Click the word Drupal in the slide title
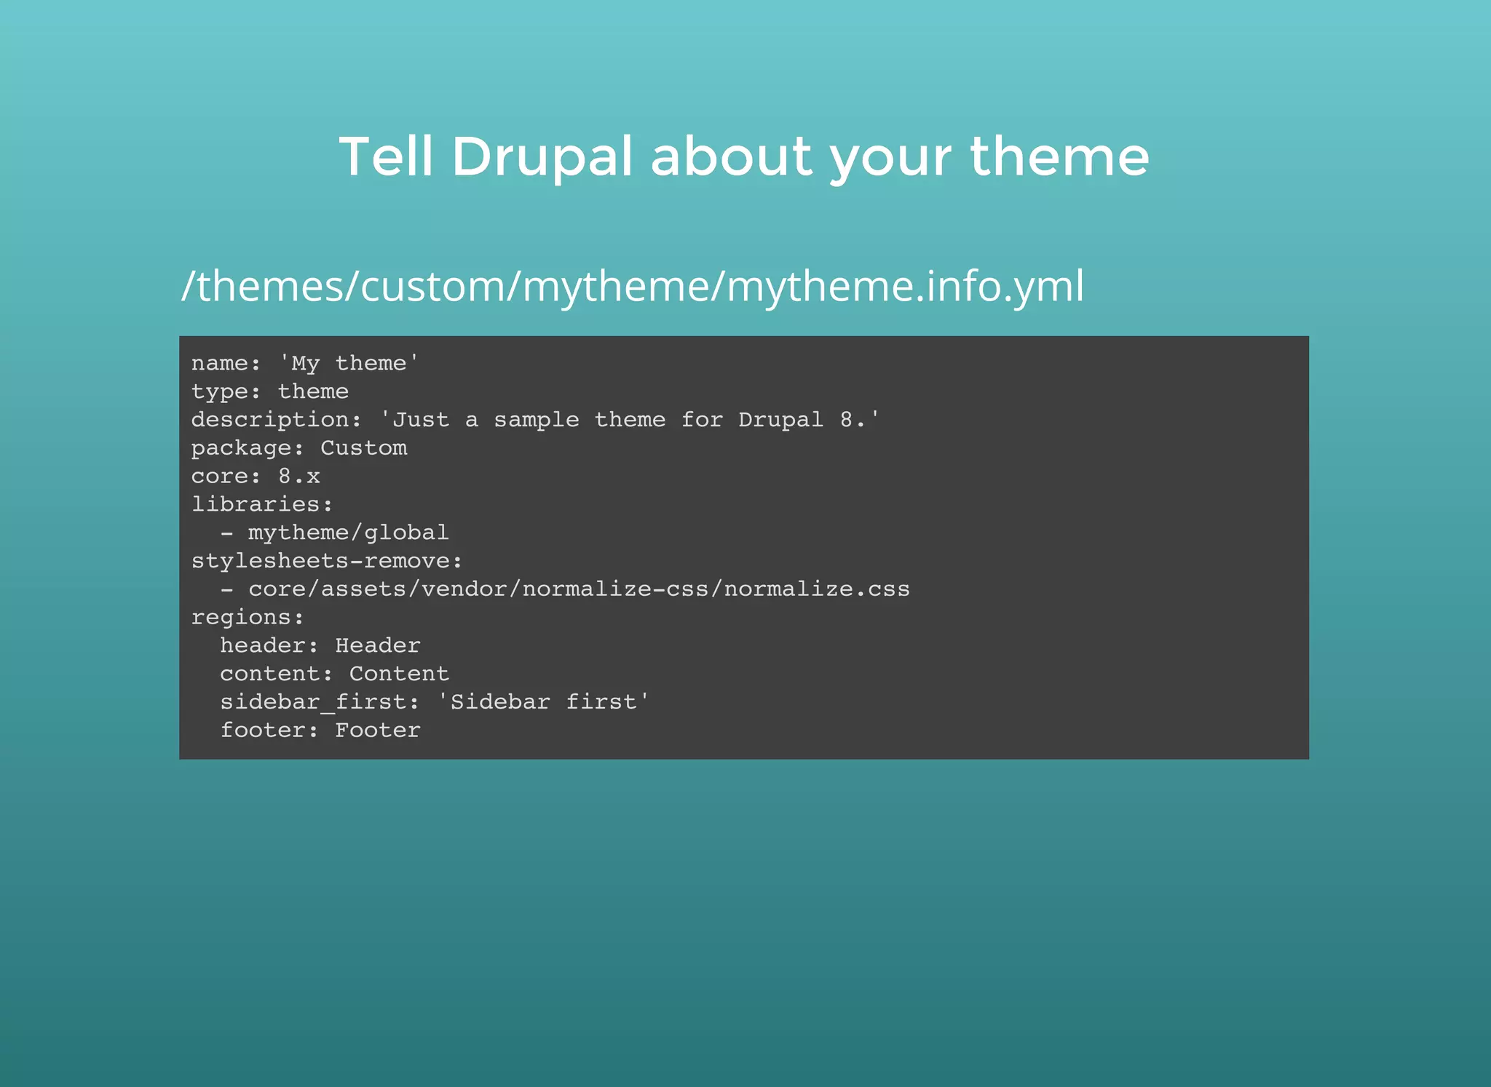tap(542, 157)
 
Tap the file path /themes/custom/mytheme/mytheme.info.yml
tap(633, 286)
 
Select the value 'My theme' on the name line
tap(349, 363)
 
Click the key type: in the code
tap(226, 391)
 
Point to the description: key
tap(276, 420)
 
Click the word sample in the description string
tap(537, 420)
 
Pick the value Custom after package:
tap(364, 448)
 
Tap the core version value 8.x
tap(298, 477)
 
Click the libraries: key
tap(262, 504)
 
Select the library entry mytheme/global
tap(348, 533)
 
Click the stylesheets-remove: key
tap(327, 561)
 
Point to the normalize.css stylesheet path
tap(579, 589)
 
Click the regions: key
tap(248, 618)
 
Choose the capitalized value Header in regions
tap(378, 646)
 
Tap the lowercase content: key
tap(276, 674)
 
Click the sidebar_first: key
tap(320, 702)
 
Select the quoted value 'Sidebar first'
tap(543, 702)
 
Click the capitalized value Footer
tap(378, 730)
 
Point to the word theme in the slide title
tap(1059, 157)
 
